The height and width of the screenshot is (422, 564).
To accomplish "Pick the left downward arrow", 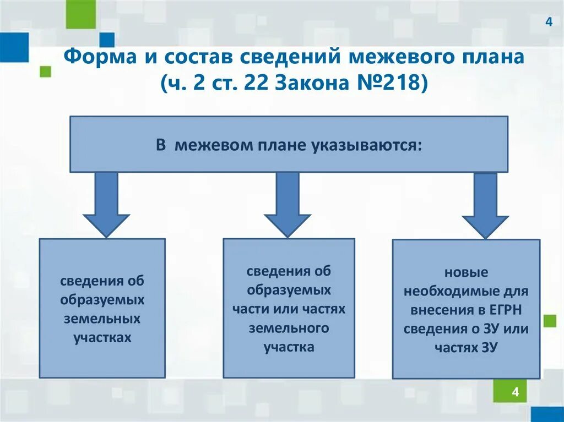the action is [x=106, y=204].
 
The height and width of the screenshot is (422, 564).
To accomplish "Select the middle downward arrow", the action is [x=288, y=204].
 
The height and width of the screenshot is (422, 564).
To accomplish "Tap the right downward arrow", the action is [x=485, y=205].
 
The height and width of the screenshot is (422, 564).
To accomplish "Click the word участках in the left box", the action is [x=102, y=337].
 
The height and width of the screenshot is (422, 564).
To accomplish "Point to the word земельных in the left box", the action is [x=102, y=319].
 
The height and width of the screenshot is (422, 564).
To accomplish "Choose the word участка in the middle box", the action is [x=289, y=347].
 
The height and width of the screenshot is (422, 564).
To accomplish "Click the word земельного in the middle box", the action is [x=289, y=328].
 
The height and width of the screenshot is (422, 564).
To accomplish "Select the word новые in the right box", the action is [x=466, y=272].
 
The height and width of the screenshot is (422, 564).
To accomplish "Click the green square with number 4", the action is [x=515, y=391].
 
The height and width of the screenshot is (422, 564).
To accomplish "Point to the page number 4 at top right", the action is [x=548, y=22].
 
